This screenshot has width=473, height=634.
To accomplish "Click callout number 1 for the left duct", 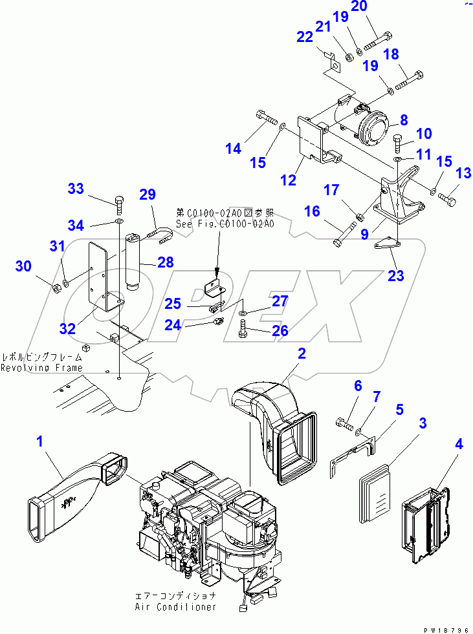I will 39,442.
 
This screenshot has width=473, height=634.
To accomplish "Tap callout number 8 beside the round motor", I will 403,120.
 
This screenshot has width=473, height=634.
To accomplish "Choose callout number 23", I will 395,275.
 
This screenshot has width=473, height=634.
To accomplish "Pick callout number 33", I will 76,189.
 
